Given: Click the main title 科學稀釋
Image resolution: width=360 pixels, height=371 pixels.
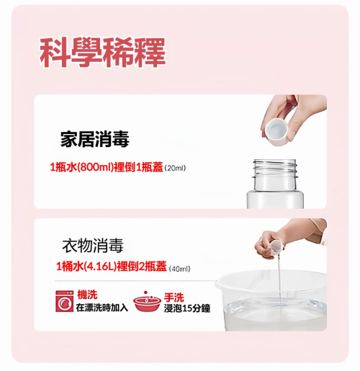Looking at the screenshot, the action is (x=102, y=52).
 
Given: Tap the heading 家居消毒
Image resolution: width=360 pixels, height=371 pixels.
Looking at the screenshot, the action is (x=95, y=139).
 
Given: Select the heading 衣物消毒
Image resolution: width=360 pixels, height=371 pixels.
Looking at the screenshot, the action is (x=93, y=246).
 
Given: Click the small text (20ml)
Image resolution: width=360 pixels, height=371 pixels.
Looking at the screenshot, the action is (x=175, y=168).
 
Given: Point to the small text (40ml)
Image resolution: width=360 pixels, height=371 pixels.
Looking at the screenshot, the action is (x=180, y=269).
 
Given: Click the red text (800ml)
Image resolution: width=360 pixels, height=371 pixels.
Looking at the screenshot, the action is (x=95, y=167).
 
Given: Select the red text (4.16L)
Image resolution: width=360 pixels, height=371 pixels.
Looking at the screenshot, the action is (x=101, y=267).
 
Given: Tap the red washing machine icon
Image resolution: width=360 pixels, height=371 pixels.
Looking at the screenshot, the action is (x=65, y=301).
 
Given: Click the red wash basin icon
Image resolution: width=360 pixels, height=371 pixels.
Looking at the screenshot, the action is (x=147, y=302).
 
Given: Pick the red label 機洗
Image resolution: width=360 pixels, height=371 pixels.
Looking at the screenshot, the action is (x=87, y=295).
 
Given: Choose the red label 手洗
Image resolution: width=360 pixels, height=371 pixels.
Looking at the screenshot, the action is (x=174, y=298).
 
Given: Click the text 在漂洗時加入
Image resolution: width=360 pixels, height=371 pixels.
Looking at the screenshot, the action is (x=102, y=308).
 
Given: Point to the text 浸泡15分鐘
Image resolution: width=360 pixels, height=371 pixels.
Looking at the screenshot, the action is (x=187, y=308).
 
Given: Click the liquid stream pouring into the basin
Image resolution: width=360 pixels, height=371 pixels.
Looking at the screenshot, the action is (x=279, y=283).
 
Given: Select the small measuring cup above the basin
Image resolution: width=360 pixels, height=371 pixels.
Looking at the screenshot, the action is (x=276, y=249).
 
